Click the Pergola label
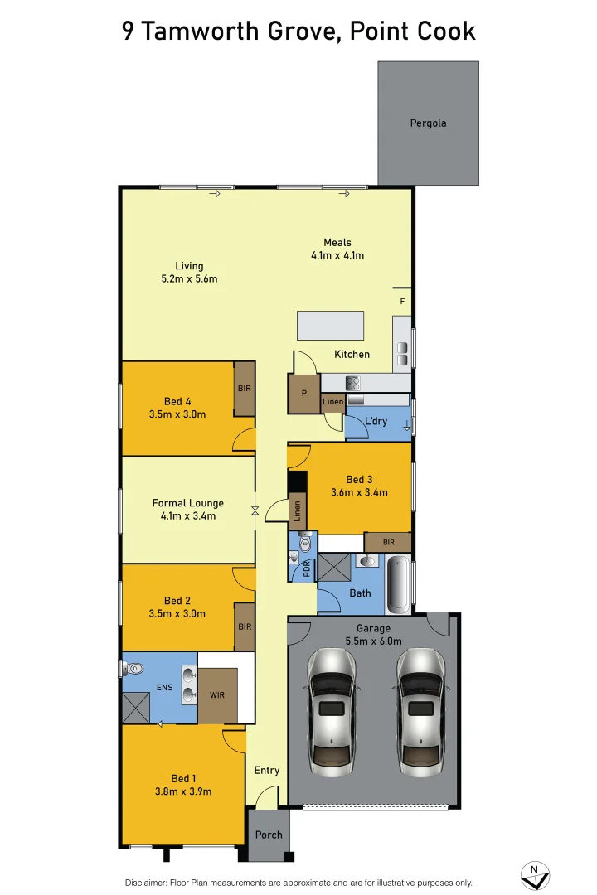[428, 123]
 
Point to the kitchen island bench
[330, 325]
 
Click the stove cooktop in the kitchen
[352, 383]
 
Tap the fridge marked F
[402, 301]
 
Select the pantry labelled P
[303, 394]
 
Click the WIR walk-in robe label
[217, 695]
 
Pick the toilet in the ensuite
[134, 667]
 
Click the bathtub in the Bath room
[399, 584]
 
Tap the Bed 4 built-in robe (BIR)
[244, 388]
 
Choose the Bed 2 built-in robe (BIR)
[245, 626]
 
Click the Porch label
[269, 835]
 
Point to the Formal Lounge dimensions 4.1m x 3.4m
[188, 516]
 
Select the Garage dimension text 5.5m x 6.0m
[373, 641]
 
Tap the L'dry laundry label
[376, 421]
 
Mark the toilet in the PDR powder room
[305, 542]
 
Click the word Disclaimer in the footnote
[146, 883]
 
